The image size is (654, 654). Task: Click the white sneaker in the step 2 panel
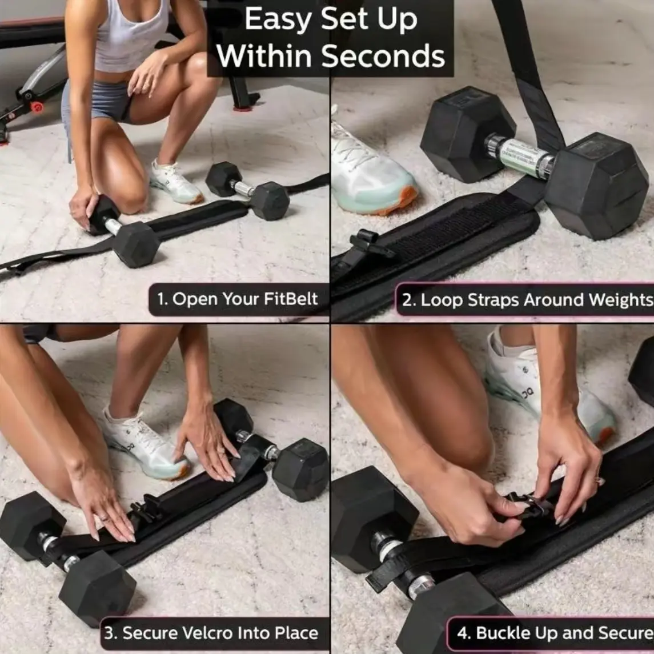click(x=371, y=171)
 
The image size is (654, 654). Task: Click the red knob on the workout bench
click(x=37, y=107)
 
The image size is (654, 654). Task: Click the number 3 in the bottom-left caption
click(x=109, y=633)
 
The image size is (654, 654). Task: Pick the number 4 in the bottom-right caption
click(x=463, y=633)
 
